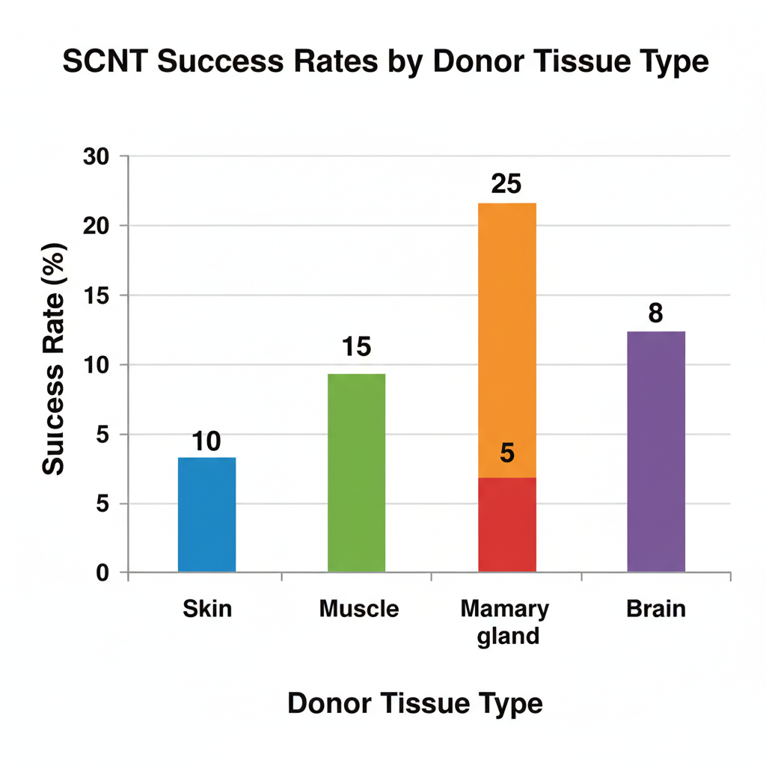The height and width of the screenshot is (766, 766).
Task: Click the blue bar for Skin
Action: point(206,515)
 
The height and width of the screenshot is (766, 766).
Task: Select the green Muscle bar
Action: point(357,473)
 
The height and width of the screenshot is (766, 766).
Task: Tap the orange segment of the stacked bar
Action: point(507,340)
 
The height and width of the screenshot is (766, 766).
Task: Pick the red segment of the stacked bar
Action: point(507,524)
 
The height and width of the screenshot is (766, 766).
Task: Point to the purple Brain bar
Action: point(656,451)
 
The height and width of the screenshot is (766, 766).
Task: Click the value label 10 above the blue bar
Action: point(206,441)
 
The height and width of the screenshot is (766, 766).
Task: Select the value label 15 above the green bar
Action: point(356,347)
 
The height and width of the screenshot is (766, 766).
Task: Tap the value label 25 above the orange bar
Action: point(506,184)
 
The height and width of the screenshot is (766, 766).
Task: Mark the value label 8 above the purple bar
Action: point(655,313)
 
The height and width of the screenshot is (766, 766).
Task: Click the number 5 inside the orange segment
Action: point(507,453)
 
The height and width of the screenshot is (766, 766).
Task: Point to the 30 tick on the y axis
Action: point(96,157)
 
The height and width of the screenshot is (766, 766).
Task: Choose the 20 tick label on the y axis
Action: point(96,226)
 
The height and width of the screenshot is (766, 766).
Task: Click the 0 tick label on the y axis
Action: point(102,572)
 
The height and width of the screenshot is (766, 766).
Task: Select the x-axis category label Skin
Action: point(207,609)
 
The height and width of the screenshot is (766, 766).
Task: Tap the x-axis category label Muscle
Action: point(359,609)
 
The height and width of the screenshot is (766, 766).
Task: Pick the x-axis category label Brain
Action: point(656,609)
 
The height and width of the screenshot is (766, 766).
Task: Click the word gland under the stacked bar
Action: point(508,637)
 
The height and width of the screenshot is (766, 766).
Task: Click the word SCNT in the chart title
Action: point(105,61)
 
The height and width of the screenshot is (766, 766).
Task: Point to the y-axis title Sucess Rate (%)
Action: point(54,359)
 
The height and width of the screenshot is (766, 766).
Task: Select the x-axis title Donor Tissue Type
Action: point(414,704)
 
